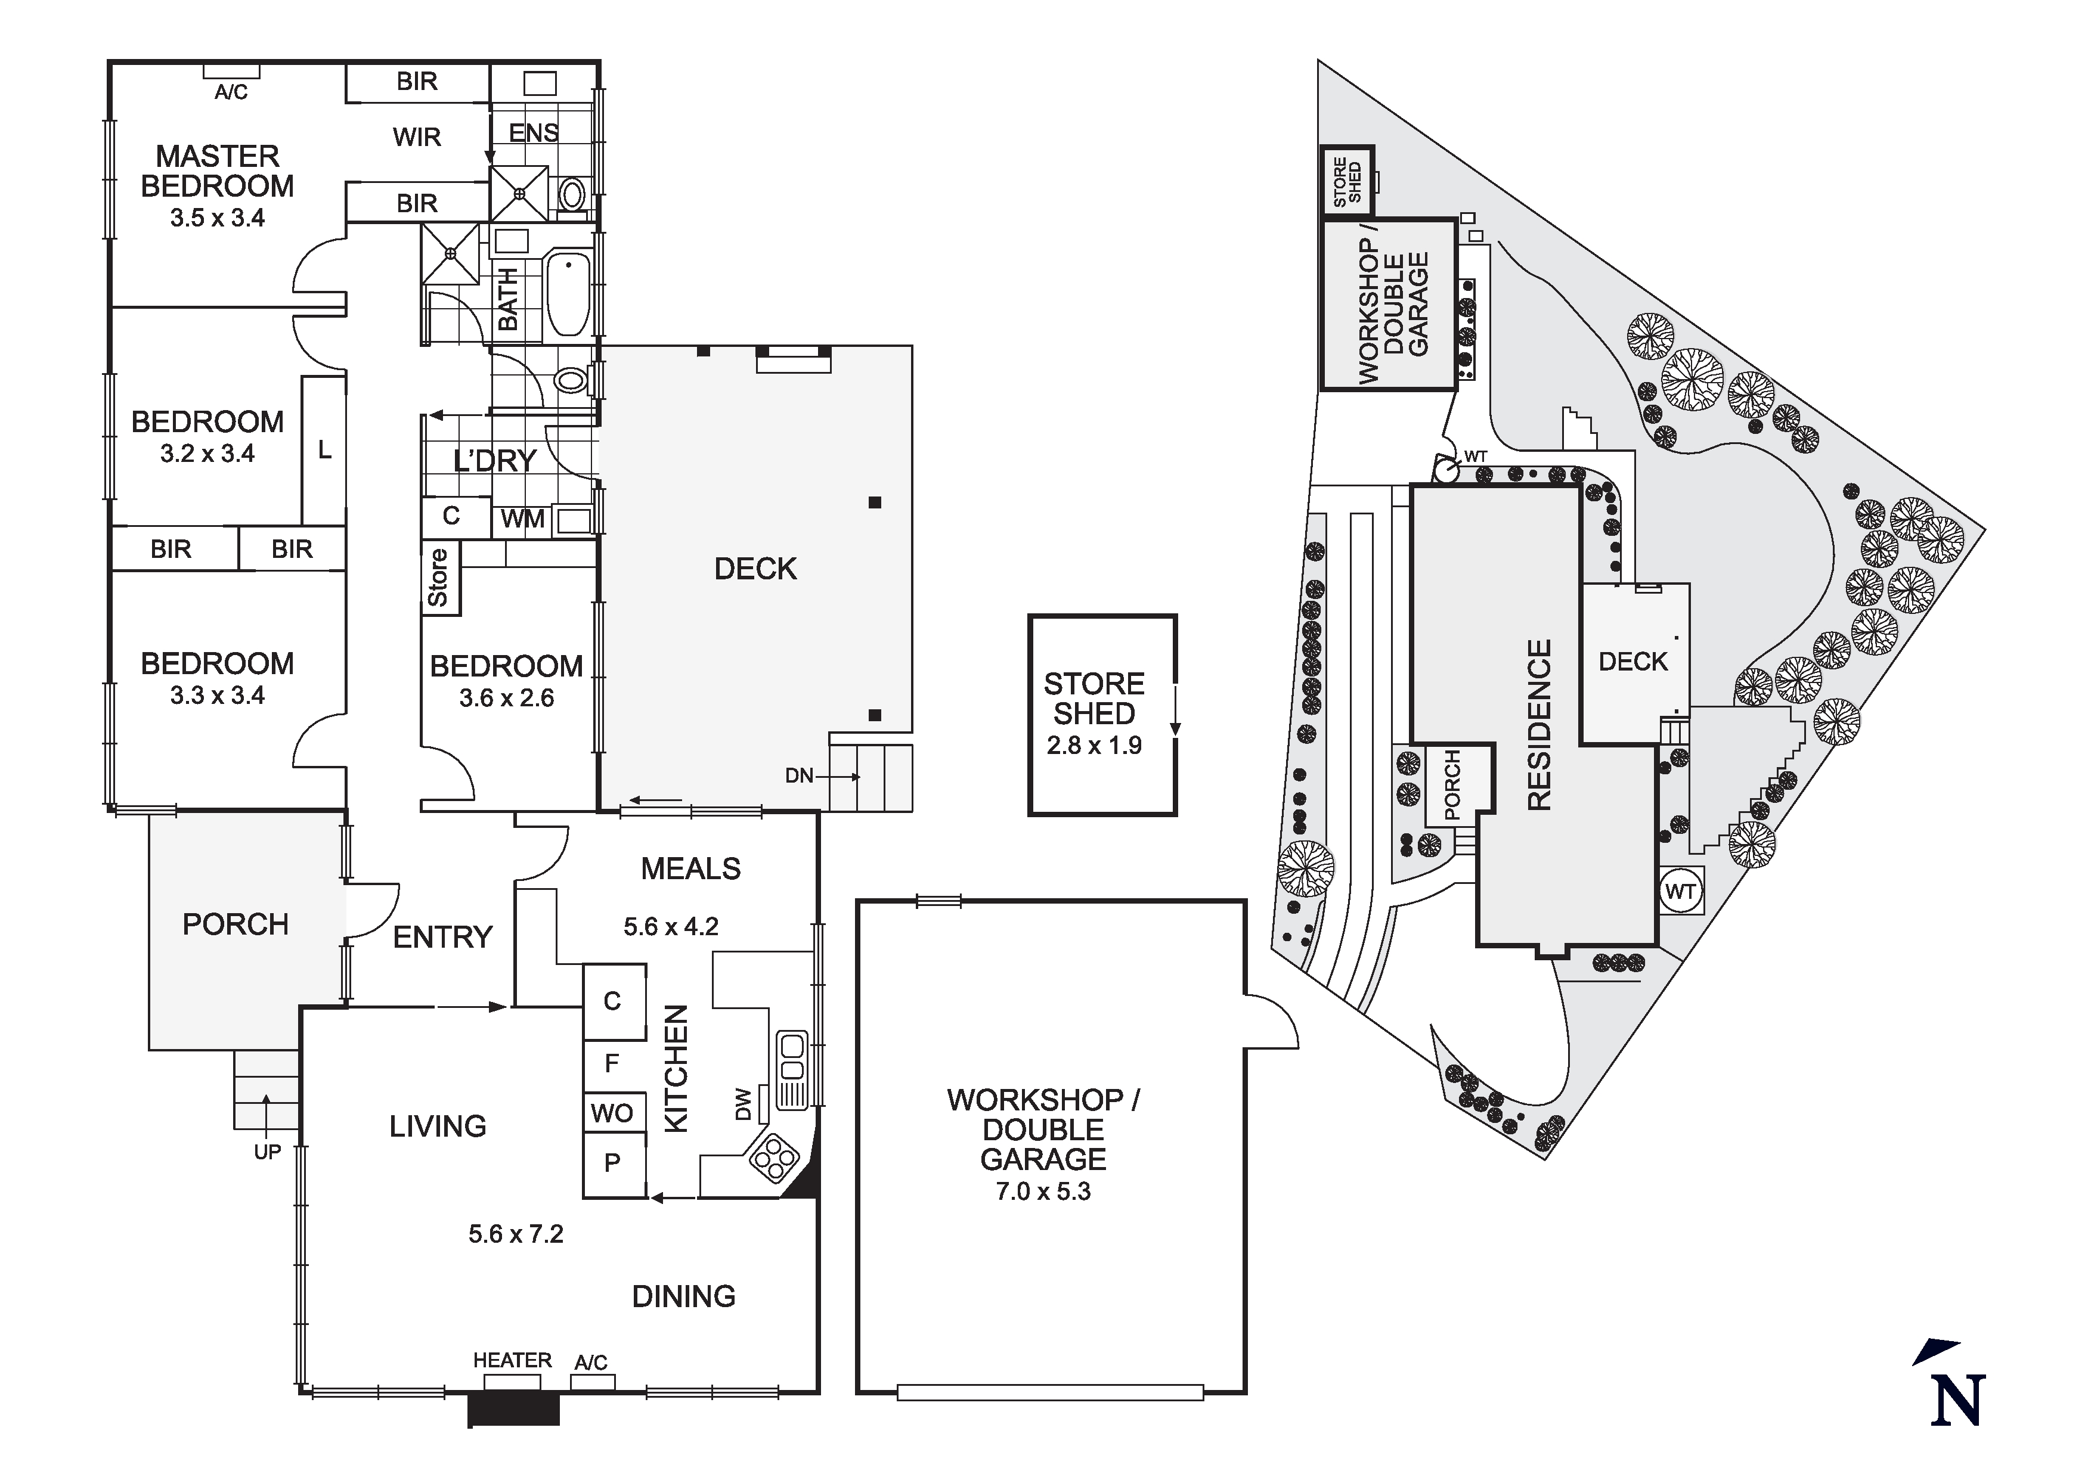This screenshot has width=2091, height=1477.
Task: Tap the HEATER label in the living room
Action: (x=512, y=1360)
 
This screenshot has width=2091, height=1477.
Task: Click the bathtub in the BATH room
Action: (x=568, y=294)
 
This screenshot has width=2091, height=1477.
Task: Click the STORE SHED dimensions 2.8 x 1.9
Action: (x=1093, y=746)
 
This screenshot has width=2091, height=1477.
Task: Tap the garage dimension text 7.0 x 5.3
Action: (x=1043, y=1191)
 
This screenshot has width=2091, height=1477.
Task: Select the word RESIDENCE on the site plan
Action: (x=1538, y=725)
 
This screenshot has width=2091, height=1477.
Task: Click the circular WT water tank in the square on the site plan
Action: (x=1680, y=890)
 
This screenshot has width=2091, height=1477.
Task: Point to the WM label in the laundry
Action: (x=523, y=519)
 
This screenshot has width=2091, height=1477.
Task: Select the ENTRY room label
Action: (x=442, y=937)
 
